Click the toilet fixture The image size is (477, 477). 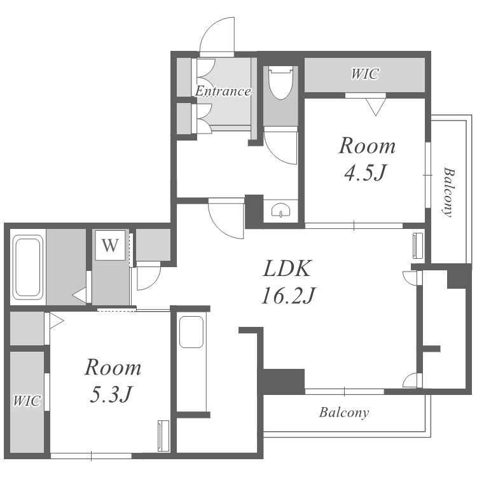280,83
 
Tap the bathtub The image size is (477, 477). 28,267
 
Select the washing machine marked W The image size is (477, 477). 110,245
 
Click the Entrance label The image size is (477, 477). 223,91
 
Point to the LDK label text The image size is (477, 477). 287,268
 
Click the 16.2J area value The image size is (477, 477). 289,296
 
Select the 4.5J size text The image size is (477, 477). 365,172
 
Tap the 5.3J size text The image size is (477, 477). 111,394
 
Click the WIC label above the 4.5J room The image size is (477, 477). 365,74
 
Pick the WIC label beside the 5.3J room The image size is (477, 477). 27,401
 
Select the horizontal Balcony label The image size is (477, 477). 344,413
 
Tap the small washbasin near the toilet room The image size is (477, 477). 280,210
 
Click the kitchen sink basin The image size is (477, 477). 191,332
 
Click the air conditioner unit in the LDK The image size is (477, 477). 418,245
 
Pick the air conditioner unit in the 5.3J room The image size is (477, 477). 163,436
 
